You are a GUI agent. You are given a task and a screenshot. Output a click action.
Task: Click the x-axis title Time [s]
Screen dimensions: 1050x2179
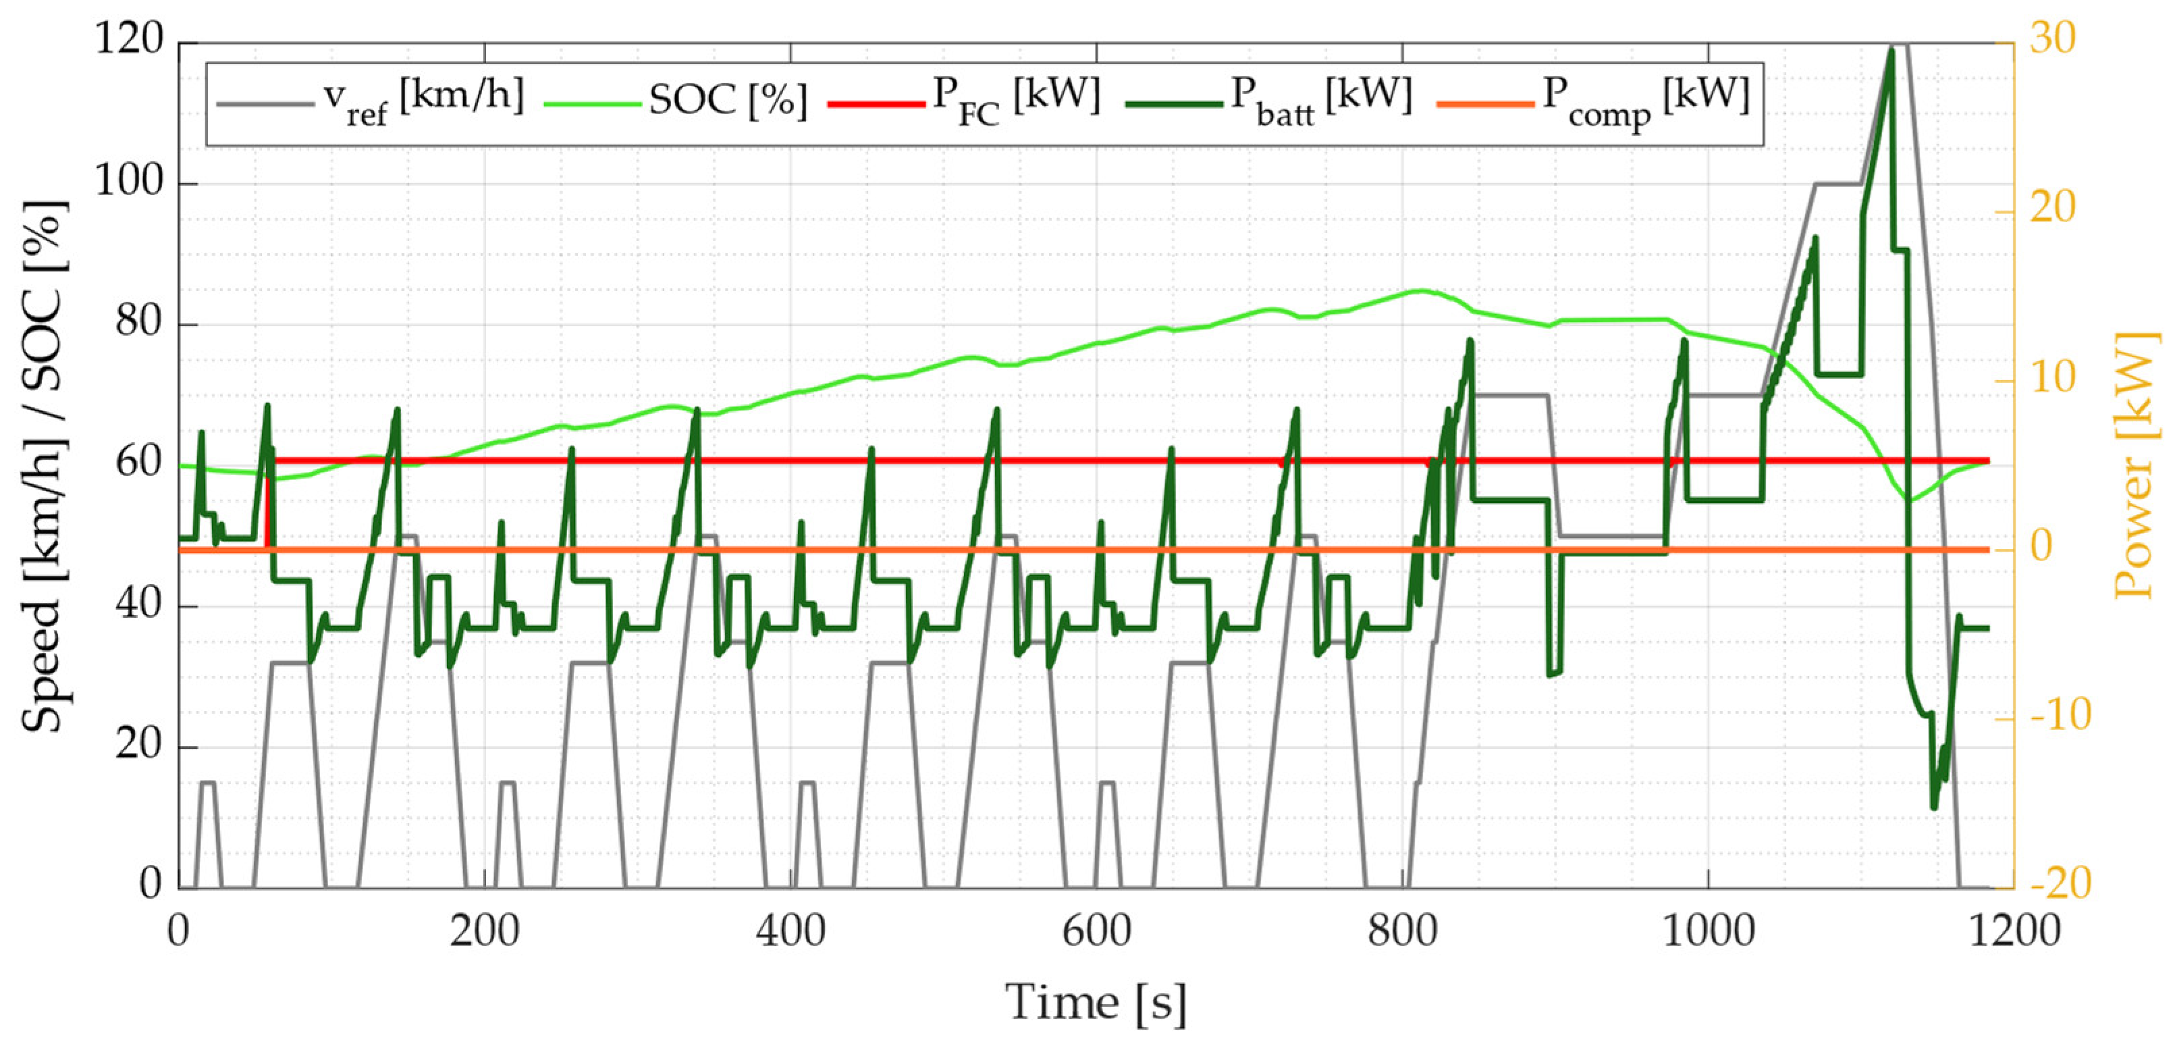1096,1003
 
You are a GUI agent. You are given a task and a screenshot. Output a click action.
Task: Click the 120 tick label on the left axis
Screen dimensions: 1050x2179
128,39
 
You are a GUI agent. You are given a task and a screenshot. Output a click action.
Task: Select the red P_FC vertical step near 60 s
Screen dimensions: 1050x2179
267,508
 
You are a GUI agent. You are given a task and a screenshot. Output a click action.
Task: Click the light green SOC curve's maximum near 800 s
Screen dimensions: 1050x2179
1423,290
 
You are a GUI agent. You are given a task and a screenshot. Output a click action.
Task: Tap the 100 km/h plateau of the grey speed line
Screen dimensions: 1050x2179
1837,184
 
